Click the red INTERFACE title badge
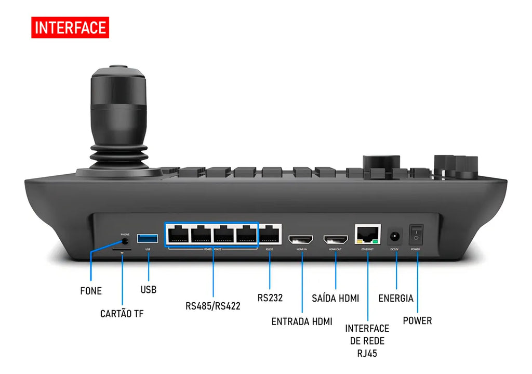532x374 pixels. point(70,28)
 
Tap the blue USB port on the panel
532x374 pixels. point(148,239)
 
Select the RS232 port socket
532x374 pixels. point(270,235)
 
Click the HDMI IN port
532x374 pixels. point(301,240)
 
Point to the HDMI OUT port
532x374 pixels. point(336,240)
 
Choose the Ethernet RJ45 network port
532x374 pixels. point(367,235)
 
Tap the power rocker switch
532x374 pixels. point(416,235)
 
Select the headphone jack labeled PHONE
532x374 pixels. point(125,241)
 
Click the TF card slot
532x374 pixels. point(122,249)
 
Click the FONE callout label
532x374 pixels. point(91,291)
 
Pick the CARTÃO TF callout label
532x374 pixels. point(122,314)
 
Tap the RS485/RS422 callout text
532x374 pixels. point(213,306)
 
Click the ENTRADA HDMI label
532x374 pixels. point(302,321)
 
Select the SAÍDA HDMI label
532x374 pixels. point(336,299)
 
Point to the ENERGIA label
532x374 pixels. point(396,299)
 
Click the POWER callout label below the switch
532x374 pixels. point(417,320)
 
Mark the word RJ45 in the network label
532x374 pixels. point(367,354)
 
